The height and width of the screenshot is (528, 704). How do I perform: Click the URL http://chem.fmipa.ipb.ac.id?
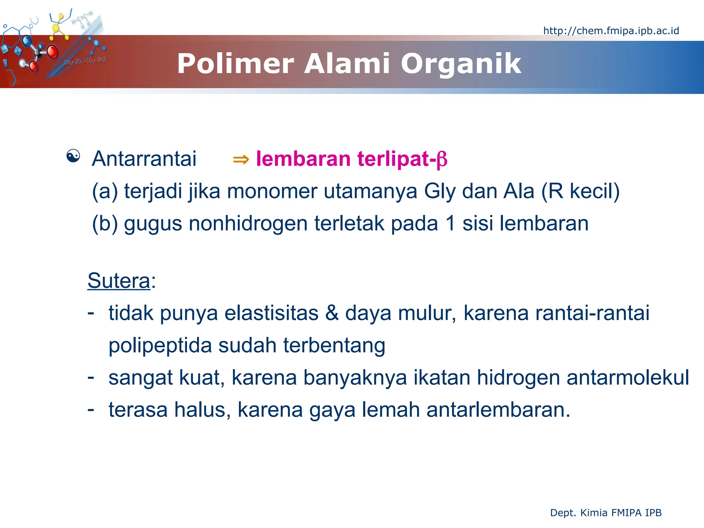(611, 31)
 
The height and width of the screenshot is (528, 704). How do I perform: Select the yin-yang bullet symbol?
(73, 156)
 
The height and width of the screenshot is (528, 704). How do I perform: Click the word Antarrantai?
(144, 159)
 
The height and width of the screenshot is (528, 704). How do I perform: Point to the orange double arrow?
(241, 159)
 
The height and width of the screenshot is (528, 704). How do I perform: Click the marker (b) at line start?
(104, 223)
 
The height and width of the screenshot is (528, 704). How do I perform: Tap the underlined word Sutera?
(119, 281)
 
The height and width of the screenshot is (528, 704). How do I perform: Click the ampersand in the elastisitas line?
(332, 313)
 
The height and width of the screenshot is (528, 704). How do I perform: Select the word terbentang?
(334, 345)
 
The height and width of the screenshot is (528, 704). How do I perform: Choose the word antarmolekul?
(627, 377)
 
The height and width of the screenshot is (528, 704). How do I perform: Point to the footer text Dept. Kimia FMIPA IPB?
(606, 513)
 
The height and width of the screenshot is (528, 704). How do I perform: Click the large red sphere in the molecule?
(52, 52)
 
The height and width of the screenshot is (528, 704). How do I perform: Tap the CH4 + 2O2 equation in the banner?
(85, 61)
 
